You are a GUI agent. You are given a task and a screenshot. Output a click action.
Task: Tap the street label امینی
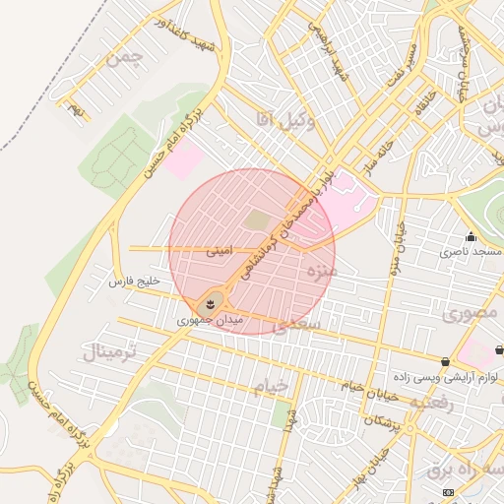[220, 251]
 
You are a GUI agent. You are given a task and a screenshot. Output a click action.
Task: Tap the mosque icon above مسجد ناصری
[471, 236]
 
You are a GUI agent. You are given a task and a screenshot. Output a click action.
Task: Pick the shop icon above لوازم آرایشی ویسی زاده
[446, 361]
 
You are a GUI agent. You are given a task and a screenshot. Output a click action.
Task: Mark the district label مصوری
[470, 315]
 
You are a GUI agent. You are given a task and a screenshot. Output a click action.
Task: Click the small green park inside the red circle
[256, 220]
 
